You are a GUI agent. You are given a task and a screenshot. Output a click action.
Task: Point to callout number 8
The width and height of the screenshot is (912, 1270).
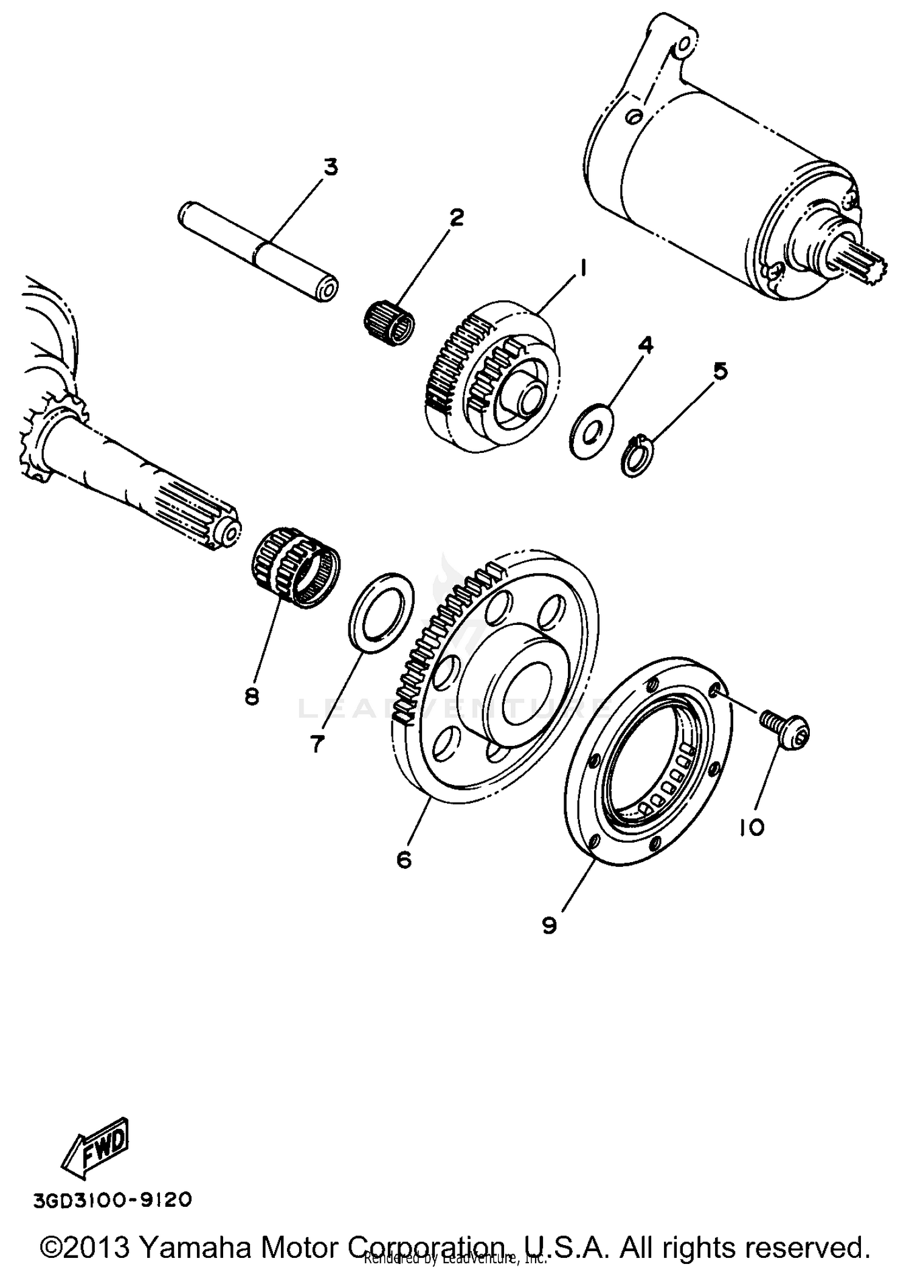tap(252, 696)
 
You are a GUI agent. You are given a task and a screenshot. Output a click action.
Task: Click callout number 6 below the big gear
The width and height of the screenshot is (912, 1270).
tap(404, 859)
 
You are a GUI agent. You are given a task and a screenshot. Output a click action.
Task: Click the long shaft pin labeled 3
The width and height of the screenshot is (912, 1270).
tap(258, 251)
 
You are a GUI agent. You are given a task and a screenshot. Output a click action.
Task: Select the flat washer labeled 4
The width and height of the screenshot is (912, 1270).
tap(592, 430)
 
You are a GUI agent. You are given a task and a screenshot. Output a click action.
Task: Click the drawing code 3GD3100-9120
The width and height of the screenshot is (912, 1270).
tap(112, 1201)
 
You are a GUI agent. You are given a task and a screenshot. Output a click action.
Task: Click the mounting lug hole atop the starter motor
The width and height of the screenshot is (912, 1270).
tap(683, 44)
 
